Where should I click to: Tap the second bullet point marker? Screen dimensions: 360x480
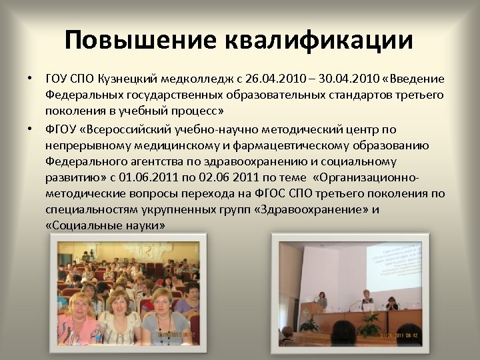point(30,129)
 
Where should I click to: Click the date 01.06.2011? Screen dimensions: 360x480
point(136,178)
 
